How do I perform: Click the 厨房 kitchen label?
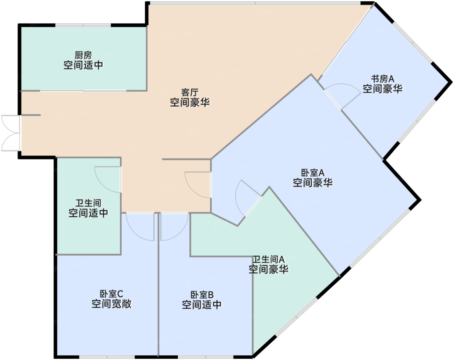[x=83, y=55]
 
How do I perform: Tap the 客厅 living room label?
[x=190, y=93]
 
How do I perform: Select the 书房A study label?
[x=383, y=79]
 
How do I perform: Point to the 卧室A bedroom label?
[x=313, y=173]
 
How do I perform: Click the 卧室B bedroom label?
[x=202, y=295]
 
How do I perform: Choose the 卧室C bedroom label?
[x=112, y=294]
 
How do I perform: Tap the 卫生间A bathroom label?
[x=269, y=259]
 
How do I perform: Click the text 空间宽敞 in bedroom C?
[x=112, y=304]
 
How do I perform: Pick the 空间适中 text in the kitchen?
[x=83, y=65]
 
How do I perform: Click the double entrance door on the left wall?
[x=11, y=133]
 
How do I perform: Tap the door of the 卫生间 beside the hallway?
[x=108, y=179]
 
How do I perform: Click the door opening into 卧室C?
[x=140, y=227]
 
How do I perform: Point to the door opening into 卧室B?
[x=174, y=227]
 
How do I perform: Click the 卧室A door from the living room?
[x=198, y=185]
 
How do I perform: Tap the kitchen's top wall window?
[x=83, y=25]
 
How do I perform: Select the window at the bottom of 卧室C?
[x=107, y=357]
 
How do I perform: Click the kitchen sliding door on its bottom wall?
[x=83, y=91]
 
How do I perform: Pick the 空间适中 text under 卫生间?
[x=89, y=213]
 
